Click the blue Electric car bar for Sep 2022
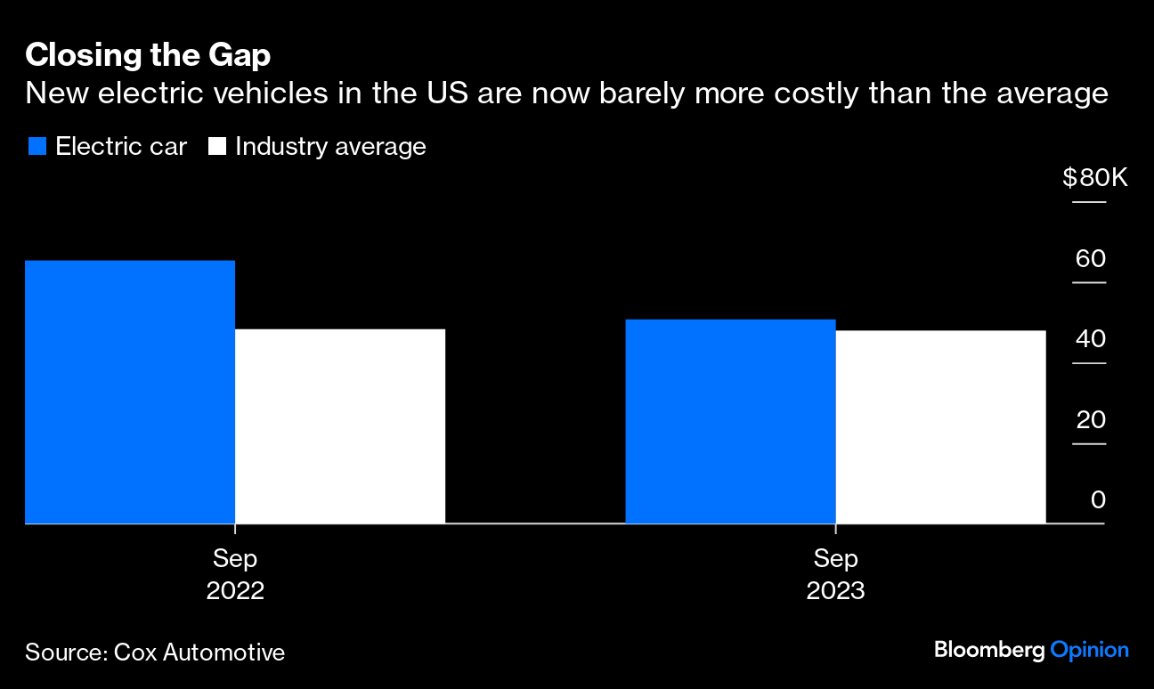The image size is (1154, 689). (x=130, y=392)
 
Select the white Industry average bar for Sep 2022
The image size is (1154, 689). (x=339, y=426)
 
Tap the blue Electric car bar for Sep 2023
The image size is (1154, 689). (x=730, y=421)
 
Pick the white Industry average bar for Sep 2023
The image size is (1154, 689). (x=940, y=426)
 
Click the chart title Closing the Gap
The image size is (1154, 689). (x=148, y=55)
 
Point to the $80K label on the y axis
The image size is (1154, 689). (x=1094, y=178)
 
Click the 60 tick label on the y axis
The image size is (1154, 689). (x=1091, y=259)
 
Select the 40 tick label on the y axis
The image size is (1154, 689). (x=1091, y=339)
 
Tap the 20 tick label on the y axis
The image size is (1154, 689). (x=1091, y=419)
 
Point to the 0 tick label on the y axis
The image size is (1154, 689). (x=1098, y=499)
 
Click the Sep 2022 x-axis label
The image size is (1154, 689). (x=235, y=574)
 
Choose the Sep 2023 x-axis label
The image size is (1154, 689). (x=835, y=574)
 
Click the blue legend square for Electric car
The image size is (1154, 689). (x=37, y=147)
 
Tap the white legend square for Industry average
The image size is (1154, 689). (x=216, y=147)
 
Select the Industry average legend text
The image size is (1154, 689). (x=330, y=147)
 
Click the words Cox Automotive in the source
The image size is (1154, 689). (x=199, y=652)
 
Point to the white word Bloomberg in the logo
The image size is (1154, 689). (x=988, y=650)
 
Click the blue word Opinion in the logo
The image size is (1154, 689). (x=1089, y=651)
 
